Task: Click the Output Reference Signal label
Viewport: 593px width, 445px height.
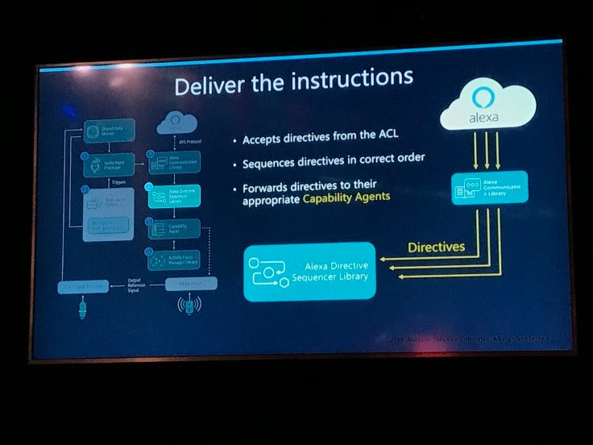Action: (x=139, y=285)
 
